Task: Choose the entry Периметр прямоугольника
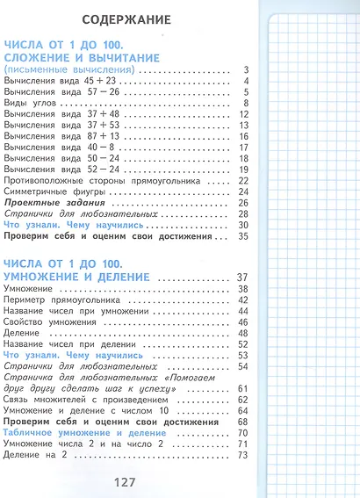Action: click(61, 300)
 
